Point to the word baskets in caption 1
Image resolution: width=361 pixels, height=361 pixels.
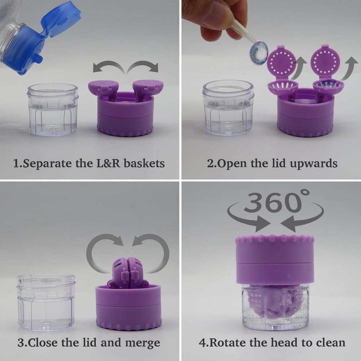coord(144,163)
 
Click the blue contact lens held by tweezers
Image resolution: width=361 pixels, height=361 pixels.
coord(258,53)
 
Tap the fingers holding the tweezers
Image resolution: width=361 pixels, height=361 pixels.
coord(213,18)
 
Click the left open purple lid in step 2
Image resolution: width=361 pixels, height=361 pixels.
coord(282,63)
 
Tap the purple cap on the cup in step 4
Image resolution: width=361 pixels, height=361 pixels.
coord(275,258)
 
